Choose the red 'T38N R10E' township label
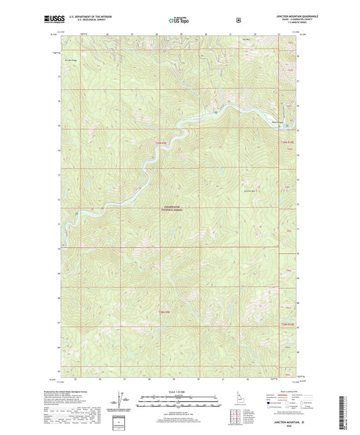288,325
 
